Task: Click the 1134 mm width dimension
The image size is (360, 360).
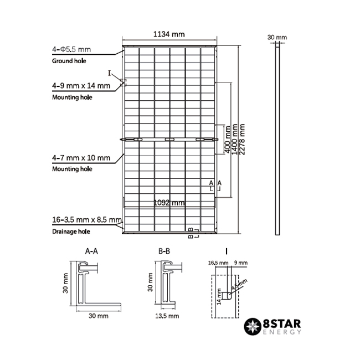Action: pyautogui.click(x=169, y=34)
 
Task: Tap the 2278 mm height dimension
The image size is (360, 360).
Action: pyautogui.click(x=242, y=140)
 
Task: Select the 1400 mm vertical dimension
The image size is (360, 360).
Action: pyautogui.click(x=234, y=140)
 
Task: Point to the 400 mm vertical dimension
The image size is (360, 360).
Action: pyautogui.click(x=227, y=140)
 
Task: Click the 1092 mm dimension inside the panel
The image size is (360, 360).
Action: pyautogui.click(x=169, y=203)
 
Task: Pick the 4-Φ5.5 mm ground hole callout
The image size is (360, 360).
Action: pyautogui.click(x=71, y=49)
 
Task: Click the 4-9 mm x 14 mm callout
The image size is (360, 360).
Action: pyautogui.click(x=81, y=86)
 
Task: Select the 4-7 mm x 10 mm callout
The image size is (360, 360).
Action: pyautogui.click(x=81, y=158)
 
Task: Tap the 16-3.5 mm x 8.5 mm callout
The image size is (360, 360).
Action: pyautogui.click(x=87, y=220)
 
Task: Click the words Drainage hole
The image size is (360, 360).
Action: pyautogui.click(x=71, y=232)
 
